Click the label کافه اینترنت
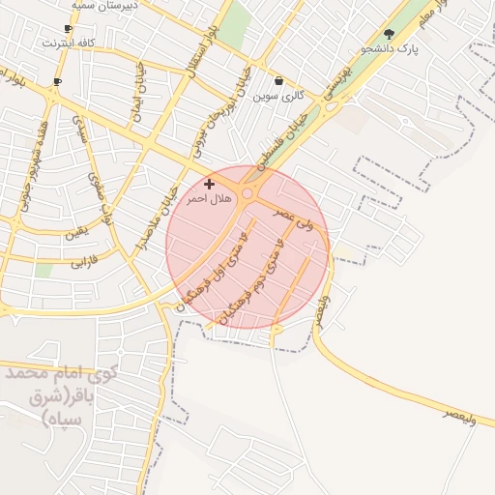(68, 44)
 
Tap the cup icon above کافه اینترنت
(68, 29)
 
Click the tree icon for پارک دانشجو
(390, 34)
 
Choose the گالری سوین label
(279, 96)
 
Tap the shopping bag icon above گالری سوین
(279, 81)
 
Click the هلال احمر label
(210, 197)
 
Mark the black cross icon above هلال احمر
(209, 183)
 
